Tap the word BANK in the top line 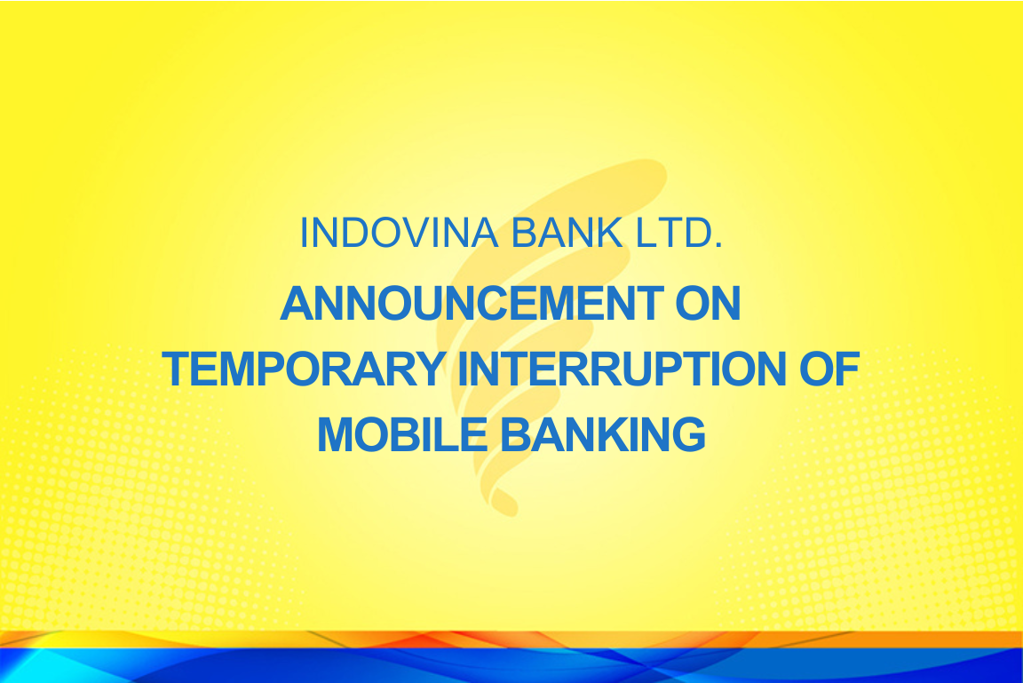coord(567,233)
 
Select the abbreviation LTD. coord(679,233)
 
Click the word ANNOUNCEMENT coord(472,304)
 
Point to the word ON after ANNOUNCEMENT coord(708,304)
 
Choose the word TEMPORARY coord(304,369)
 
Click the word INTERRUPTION coord(622,369)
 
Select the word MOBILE coord(402,434)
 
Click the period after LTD coord(718,245)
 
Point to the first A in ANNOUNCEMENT coord(297,304)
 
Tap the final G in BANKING coord(688,434)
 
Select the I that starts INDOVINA coord(304,233)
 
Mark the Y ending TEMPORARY coord(430,369)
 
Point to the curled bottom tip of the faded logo coord(506,504)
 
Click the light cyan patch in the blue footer coord(26,665)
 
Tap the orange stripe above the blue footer coord(511,639)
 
